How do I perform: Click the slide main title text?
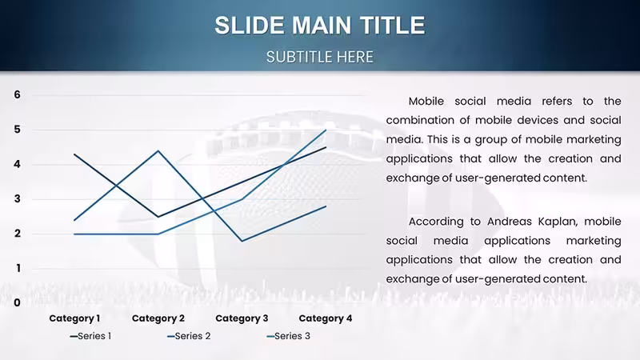point(320,25)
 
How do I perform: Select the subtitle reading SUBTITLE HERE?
point(319,57)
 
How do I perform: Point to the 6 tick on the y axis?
point(17,94)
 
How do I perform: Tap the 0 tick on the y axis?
point(17,303)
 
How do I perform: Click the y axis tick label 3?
point(17,198)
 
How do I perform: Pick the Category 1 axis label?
point(74,318)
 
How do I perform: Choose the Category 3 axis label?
point(242,318)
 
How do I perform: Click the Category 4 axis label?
point(326,318)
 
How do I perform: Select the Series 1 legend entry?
point(90,336)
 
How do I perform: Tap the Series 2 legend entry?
point(189,336)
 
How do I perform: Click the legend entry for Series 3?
point(288,336)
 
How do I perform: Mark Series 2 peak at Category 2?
point(158,151)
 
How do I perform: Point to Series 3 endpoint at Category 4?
point(326,130)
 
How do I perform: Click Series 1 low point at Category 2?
point(158,217)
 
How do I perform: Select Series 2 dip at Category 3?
point(242,241)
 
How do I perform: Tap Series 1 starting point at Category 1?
point(74,154)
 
